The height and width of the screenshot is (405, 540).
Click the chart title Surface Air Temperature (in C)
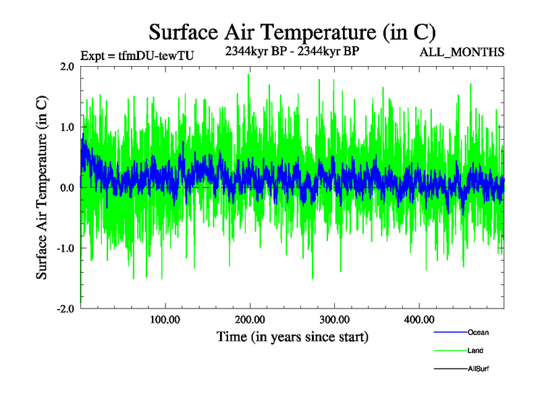tap(292, 32)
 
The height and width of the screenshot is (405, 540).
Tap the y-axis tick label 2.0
tap(66, 66)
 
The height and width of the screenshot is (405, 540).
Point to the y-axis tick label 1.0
tap(66, 127)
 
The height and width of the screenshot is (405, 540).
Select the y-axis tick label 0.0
tap(66, 187)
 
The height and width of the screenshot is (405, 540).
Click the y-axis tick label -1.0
tap(65, 248)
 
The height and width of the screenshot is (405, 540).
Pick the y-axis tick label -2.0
tap(65, 308)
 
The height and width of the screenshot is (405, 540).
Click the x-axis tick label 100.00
tap(165, 319)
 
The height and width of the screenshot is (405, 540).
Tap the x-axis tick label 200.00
tap(250, 319)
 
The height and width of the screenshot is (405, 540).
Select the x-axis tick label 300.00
tap(334, 319)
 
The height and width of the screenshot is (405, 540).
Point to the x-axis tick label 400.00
tap(418, 319)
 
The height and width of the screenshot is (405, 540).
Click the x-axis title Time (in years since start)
tap(292, 336)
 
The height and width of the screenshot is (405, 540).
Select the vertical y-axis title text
tap(42, 188)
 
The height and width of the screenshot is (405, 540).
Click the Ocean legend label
tap(478, 333)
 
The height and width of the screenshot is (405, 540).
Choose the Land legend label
tap(475, 351)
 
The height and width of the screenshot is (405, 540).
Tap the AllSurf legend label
tap(479, 369)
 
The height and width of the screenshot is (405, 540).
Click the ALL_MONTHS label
tap(462, 52)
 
